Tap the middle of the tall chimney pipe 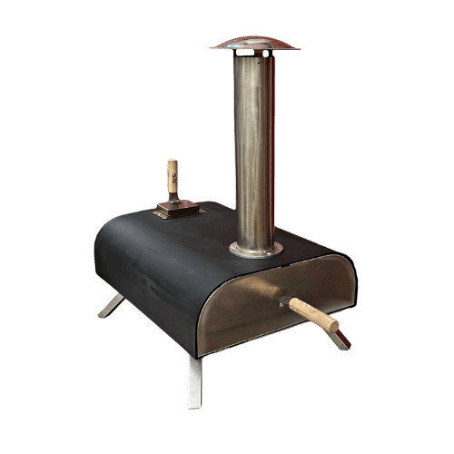(x=254, y=145)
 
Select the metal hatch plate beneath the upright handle (x=178, y=210)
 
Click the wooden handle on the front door (x=313, y=314)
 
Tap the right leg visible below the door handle (x=340, y=340)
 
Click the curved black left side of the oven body (x=136, y=272)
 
